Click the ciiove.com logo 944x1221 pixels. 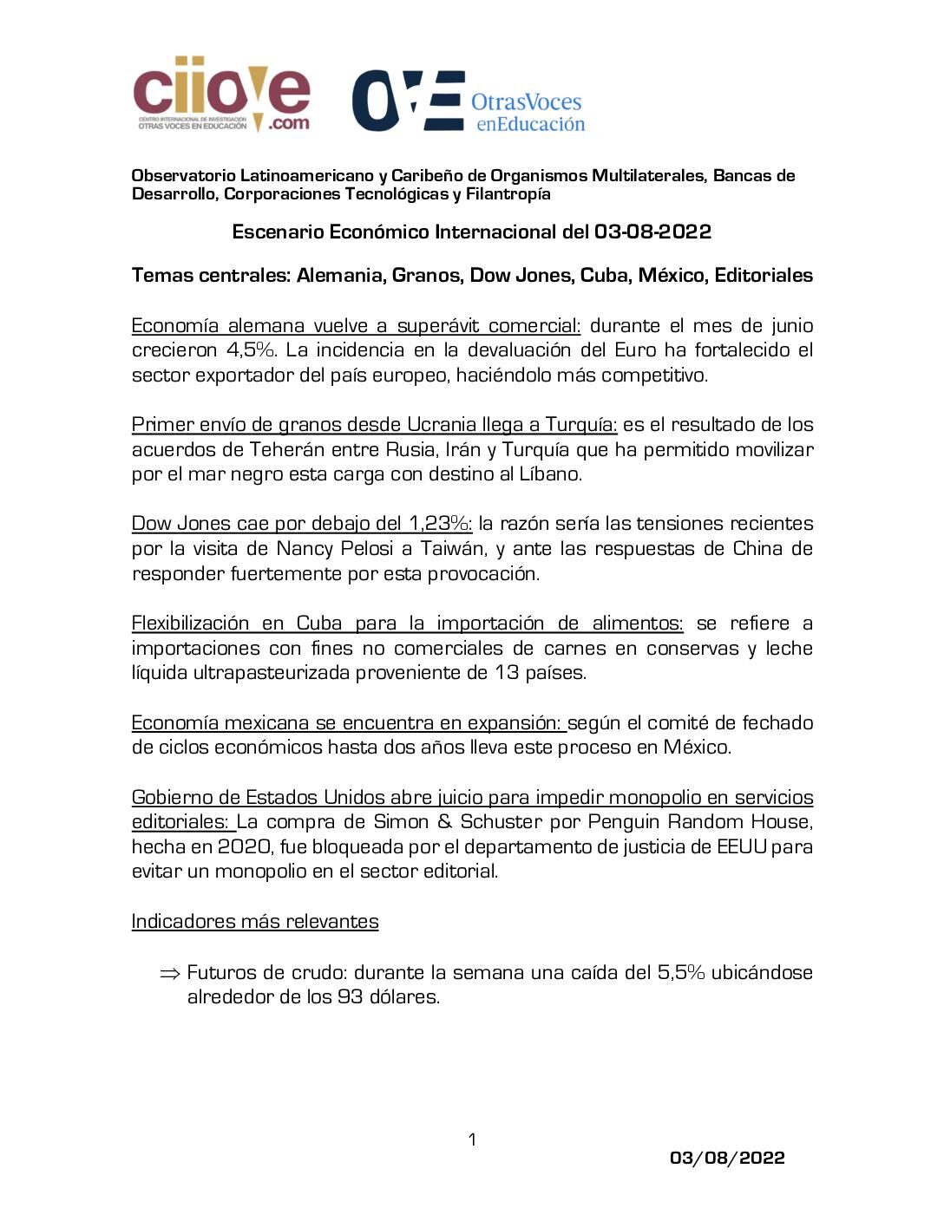221,95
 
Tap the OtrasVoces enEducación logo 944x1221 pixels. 468,102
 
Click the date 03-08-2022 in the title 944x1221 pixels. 652,232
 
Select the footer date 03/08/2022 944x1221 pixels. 727,1158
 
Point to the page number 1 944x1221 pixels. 472,1139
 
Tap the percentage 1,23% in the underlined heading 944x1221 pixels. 438,524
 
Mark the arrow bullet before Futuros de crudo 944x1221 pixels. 169,973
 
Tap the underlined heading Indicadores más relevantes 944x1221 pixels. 255,922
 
